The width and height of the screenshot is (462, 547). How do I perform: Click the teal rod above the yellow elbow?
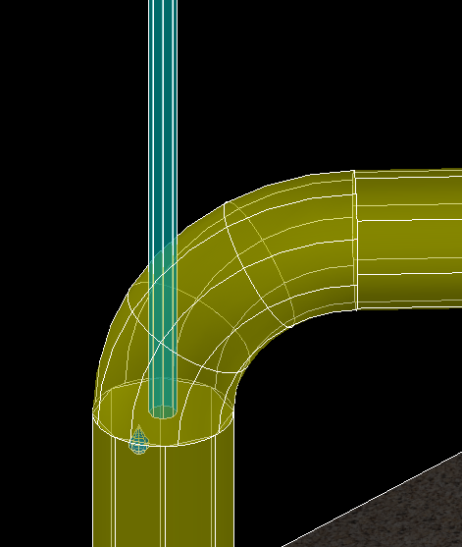162,98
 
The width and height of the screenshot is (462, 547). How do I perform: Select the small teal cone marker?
139,443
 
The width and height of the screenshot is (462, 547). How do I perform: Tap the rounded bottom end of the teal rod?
161,411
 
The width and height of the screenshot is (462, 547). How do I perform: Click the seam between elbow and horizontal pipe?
355,241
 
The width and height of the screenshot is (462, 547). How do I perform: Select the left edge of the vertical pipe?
93,491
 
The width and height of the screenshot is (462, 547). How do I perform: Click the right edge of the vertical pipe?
235,491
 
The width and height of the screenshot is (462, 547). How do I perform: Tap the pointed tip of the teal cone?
139,427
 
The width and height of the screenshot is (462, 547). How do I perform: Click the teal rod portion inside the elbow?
161,324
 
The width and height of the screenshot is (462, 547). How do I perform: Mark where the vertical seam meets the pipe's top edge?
354,172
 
